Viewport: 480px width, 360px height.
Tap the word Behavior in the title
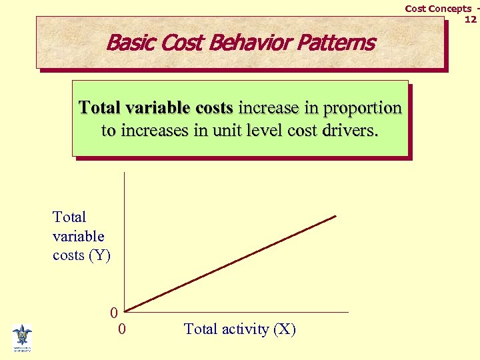(x=247, y=43)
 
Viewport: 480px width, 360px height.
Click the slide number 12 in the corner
(x=471, y=19)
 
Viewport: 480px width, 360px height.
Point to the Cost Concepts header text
(x=437, y=9)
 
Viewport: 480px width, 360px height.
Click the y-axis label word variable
(x=78, y=236)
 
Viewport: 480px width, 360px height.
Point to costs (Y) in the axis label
(x=81, y=255)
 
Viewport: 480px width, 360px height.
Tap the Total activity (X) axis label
(x=239, y=329)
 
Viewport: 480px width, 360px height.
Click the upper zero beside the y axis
(x=114, y=312)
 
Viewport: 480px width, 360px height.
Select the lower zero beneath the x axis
(x=121, y=329)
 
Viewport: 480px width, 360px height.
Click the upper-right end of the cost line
(x=335, y=216)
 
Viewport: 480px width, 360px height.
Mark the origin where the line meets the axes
(x=125, y=311)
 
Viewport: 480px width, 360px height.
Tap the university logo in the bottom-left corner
(x=22, y=337)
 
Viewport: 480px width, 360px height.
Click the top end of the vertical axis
(x=124, y=173)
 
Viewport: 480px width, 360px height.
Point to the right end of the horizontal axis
(x=347, y=311)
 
